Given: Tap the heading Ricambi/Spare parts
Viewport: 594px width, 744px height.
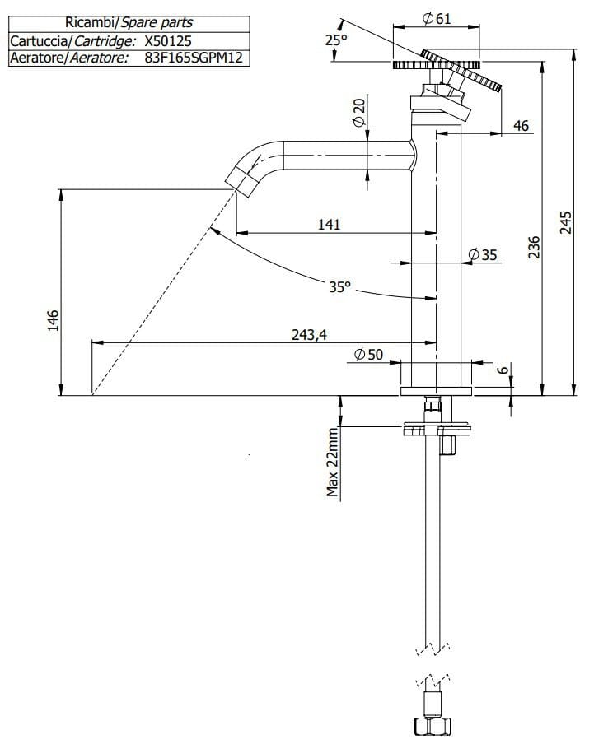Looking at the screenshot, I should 129,23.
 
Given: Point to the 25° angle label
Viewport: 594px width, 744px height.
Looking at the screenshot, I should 334,40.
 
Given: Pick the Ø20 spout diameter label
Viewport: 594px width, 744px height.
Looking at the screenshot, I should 359,111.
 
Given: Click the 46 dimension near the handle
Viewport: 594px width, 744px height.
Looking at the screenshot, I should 521,126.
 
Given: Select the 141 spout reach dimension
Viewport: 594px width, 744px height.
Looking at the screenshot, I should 327,224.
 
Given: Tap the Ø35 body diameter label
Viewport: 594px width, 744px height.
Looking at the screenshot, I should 483,255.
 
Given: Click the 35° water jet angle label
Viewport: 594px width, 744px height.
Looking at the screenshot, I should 339,287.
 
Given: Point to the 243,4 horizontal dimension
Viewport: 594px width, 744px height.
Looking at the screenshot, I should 309,334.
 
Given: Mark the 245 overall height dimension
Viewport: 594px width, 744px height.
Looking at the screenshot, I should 565,223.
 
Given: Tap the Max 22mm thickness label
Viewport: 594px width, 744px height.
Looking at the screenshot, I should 333,463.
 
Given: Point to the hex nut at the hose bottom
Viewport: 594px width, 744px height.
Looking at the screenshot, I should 431,727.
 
